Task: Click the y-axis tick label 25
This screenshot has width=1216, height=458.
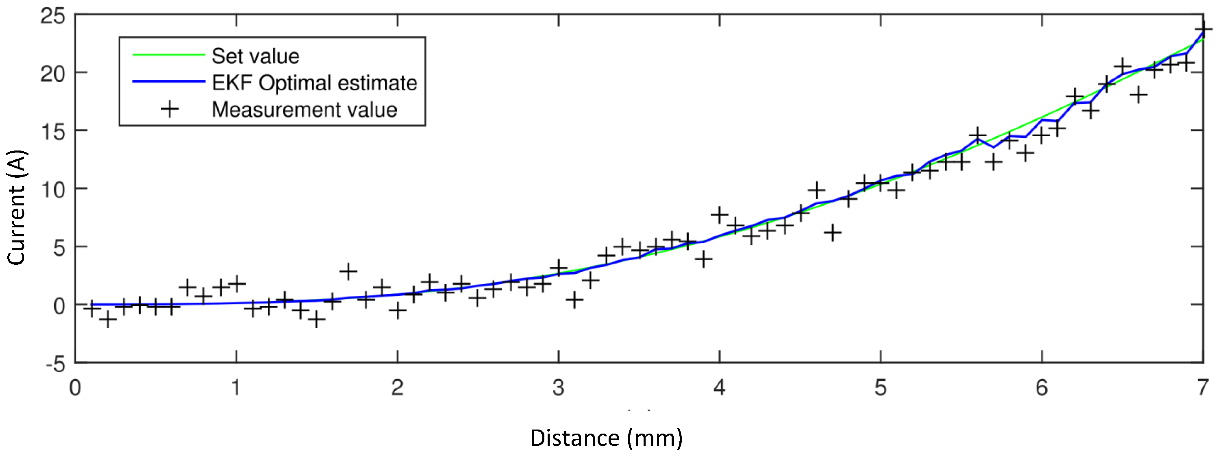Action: click(52, 17)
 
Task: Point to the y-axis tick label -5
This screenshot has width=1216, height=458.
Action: click(56, 364)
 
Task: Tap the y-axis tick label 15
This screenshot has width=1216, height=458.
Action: click(53, 132)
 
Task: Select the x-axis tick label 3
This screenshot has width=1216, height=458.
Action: click(559, 388)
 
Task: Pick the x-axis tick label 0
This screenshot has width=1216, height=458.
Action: click(75, 388)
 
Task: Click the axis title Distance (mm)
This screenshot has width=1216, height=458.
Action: click(606, 438)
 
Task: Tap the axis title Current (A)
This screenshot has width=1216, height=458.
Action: click(17, 208)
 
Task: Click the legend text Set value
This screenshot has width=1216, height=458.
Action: click(255, 56)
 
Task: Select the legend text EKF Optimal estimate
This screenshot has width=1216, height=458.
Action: click(314, 83)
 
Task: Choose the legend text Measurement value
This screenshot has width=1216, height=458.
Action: click(304, 109)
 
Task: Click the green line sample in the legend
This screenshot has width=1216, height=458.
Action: click(169, 55)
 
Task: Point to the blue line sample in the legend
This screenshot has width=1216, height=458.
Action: click(169, 82)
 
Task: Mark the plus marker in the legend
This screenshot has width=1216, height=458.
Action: click(170, 109)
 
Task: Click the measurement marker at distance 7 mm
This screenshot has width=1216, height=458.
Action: click(1203, 29)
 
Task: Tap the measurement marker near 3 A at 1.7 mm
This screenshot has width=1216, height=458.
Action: click(348, 271)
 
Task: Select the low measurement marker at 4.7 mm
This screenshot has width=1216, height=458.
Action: click(833, 233)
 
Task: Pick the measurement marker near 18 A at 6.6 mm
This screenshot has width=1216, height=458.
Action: click(1139, 95)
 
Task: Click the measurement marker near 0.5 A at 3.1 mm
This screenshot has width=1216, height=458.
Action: click(574, 299)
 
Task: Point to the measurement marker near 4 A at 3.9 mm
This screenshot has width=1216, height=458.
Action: click(703, 259)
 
